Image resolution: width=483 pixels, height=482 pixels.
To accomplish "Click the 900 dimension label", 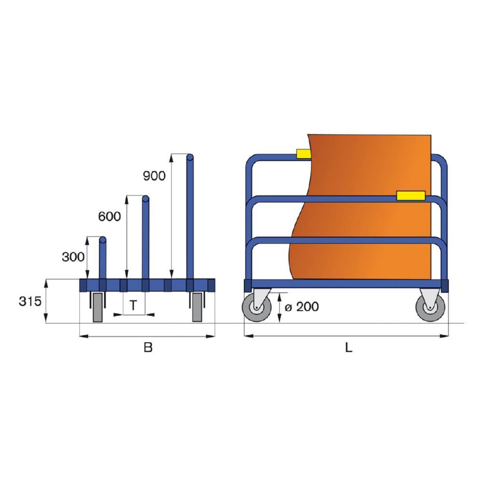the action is click(154, 176).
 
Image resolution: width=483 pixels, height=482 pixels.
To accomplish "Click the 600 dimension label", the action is click(109, 217).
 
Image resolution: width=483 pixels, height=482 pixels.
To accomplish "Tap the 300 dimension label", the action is click(73, 257).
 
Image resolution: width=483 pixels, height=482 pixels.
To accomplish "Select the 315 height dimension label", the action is click(30, 302).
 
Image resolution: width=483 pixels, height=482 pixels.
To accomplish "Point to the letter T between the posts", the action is click(133, 305).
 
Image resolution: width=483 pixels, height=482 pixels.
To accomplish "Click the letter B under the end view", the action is click(148, 347).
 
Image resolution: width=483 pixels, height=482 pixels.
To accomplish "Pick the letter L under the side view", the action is click(348, 347).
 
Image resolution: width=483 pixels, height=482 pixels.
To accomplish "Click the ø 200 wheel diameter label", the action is click(301, 306).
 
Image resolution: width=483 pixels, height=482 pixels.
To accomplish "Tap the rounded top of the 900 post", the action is click(190, 157).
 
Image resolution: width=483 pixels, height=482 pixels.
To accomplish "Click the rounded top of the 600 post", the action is click(145, 199).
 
